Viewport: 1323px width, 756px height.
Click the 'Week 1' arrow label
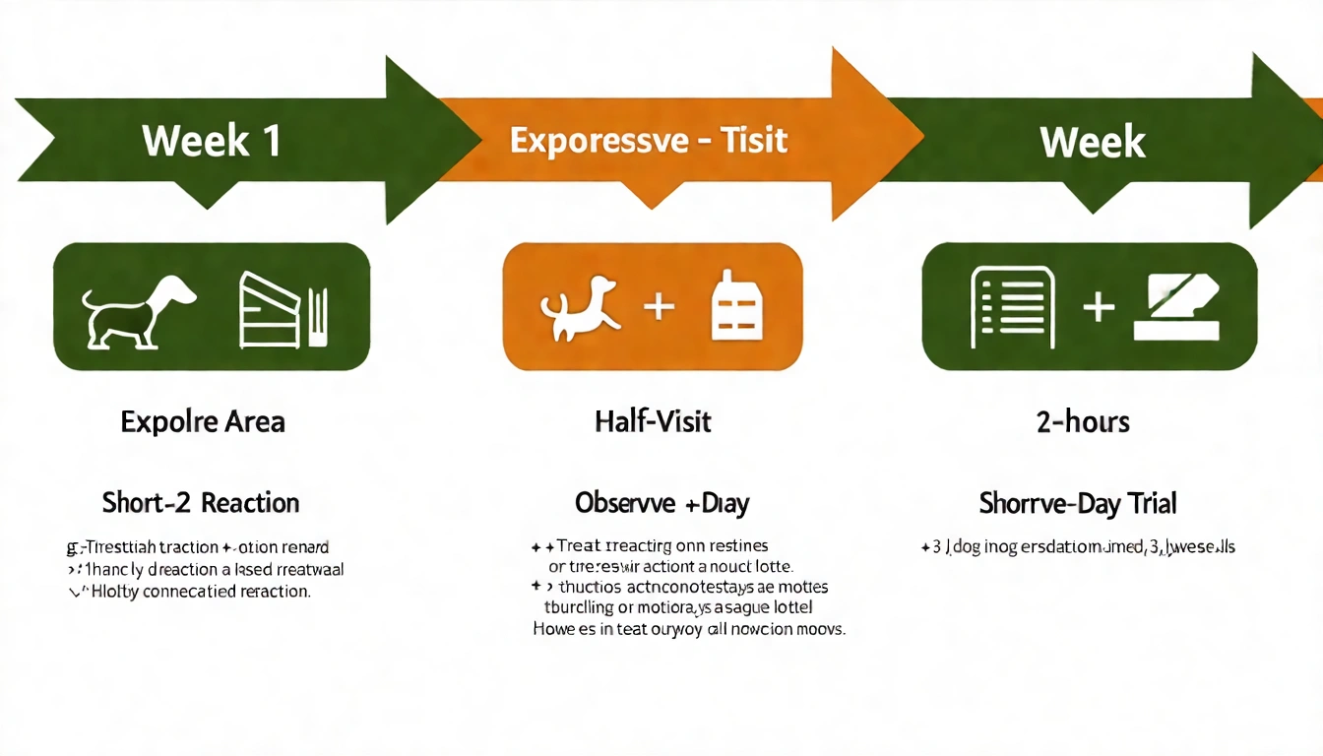click(x=212, y=141)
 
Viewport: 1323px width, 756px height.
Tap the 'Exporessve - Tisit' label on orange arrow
click(x=649, y=140)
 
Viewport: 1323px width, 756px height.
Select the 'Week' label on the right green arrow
click(x=1093, y=143)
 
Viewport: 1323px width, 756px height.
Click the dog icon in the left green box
click(x=139, y=307)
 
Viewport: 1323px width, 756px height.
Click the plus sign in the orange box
click(x=659, y=306)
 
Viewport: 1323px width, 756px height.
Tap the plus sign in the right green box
click(x=1098, y=307)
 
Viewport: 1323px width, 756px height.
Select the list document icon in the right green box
click(x=1013, y=307)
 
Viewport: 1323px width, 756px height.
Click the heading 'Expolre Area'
click(x=203, y=422)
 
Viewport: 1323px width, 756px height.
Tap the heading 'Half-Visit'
click(x=653, y=422)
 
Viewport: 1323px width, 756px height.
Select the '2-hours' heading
click(x=1083, y=422)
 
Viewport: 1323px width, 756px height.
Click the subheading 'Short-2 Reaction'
click(x=201, y=503)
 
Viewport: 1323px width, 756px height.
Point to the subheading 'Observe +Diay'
click(x=661, y=503)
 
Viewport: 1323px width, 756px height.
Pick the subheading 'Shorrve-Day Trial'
click(x=1078, y=504)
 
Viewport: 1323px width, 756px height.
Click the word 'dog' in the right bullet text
click(x=967, y=546)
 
